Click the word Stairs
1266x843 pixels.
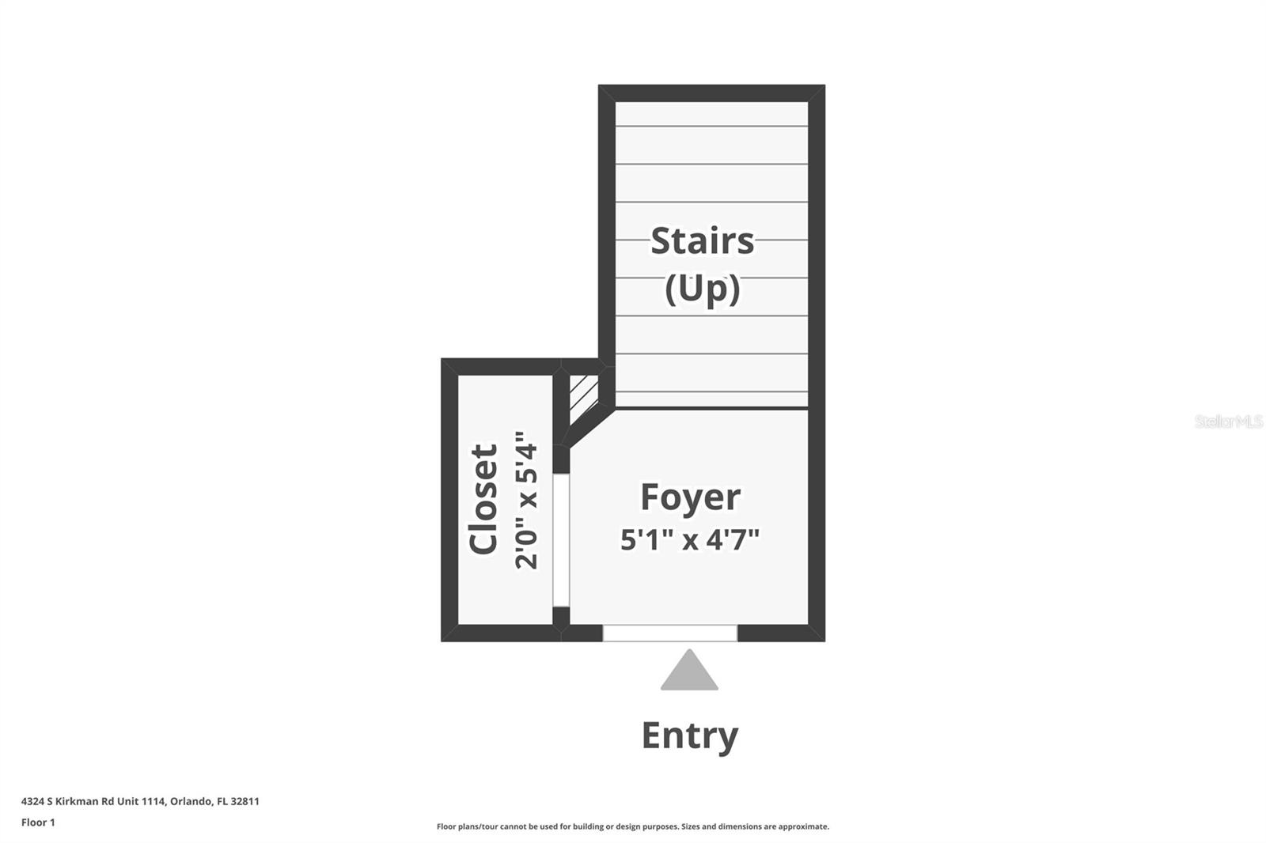pyautogui.click(x=702, y=240)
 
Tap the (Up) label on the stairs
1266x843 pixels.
pyautogui.click(x=702, y=289)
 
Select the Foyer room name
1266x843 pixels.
pyautogui.click(x=690, y=497)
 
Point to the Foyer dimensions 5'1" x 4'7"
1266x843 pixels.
pyautogui.click(x=690, y=540)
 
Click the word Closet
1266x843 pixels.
pyautogui.click(x=483, y=499)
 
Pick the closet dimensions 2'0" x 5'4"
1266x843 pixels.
pyautogui.click(x=526, y=500)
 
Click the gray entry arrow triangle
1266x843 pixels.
pyautogui.click(x=689, y=671)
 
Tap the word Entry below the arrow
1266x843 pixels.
pyautogui.click(x=689, y=735)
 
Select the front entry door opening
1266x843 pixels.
pyautogui.click(x=669, y=633)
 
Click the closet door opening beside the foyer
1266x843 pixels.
pyautogui.click(x=560, y=540)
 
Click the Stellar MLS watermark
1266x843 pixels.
pyautogui.click(x=1228, y=421)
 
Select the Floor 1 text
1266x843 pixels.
pyautogui.click(x=38, y=822)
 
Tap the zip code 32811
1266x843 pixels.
pyautogui.click(x=244, y=801)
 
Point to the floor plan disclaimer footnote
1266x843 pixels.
pyautogui.click(x=633, y=826)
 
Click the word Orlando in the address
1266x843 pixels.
pyautogui.click(x=190, y=801)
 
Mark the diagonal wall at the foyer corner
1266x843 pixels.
pyautogui.click(x=589, y=427)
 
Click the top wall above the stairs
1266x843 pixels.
pyautogui.click(x=711, y=93)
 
